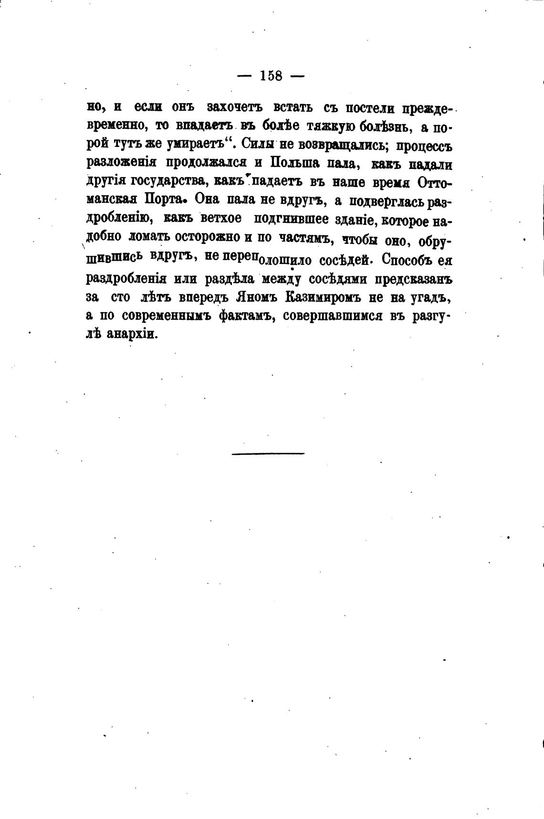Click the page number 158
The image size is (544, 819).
point(271,76)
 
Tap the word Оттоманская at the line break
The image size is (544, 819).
point(434,182)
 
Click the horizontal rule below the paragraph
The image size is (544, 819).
point(268,453)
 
